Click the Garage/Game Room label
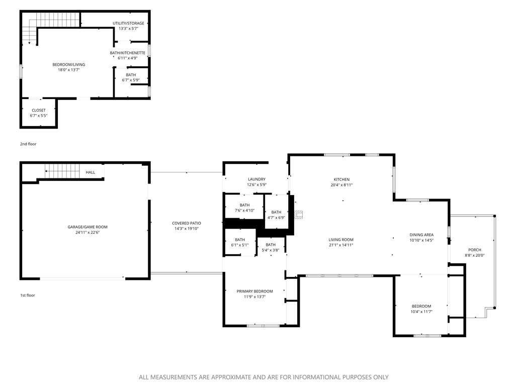click(88, 227)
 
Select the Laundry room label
click(256, 179)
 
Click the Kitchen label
click(341, 179)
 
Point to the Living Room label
click(341, 240)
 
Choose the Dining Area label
click(421, 235)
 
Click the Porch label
click(474, 250)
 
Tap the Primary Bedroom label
click(255, 292)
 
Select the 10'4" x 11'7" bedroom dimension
click(421, 312)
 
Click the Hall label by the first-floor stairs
click(91, 172)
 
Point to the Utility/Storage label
click(128, 23)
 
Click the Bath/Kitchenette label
click(128, 53)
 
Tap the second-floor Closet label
click(39, 110)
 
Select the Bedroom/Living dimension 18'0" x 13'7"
click(69, 70)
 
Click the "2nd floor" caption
click(28, 144)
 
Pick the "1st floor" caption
click(28, 296)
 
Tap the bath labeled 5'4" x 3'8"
click(271, 247)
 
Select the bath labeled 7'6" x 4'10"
click(244, 208)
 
